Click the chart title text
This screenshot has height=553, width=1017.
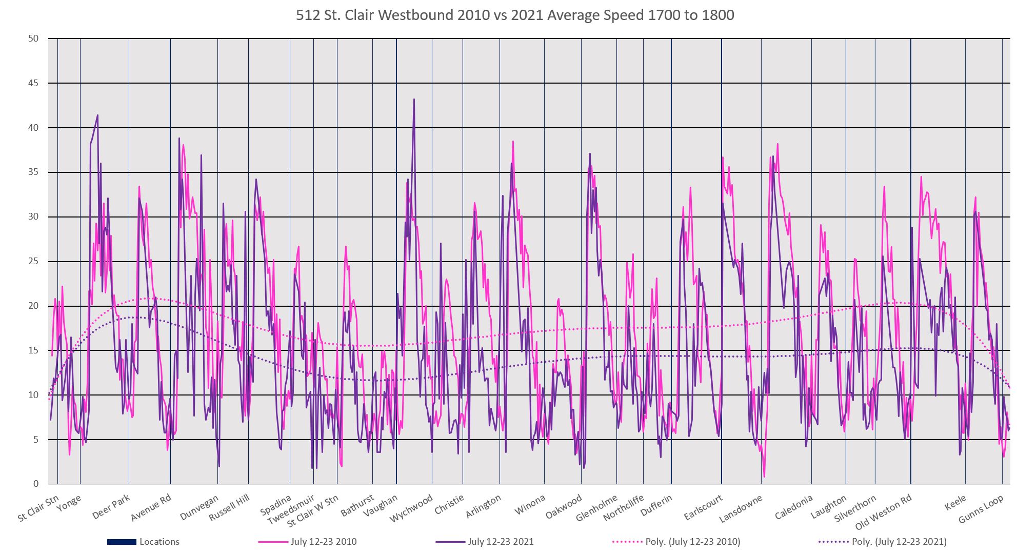pyautogui.click(x=515, y=15)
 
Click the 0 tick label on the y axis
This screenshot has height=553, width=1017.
pyautogui.click(x=36, y=484)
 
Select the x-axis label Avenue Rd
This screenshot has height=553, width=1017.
pyautogui.click(x=151, y=507)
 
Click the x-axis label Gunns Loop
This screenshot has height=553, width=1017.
pyautogui.click(x=981, y=510)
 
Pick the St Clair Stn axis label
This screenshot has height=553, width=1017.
pyautogui.click(x=38, y=509)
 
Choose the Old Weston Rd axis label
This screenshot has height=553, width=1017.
pyautogui.click(x=883, y=511)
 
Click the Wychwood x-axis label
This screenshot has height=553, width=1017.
pyautogui.click(x=411, y=508)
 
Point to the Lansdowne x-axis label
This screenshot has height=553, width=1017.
pyautogui.click(x=741, y=508)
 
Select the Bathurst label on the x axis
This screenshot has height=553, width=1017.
pyautogui.click(x=357, y=505)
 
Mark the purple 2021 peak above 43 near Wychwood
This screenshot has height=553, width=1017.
pyautogui.click(x=414, y=99)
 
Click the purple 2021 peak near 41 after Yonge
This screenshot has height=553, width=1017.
pyautogui.click(x=97, y=115)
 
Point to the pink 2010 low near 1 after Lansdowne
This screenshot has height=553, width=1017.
pyautogui.click(x=764, y=477)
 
